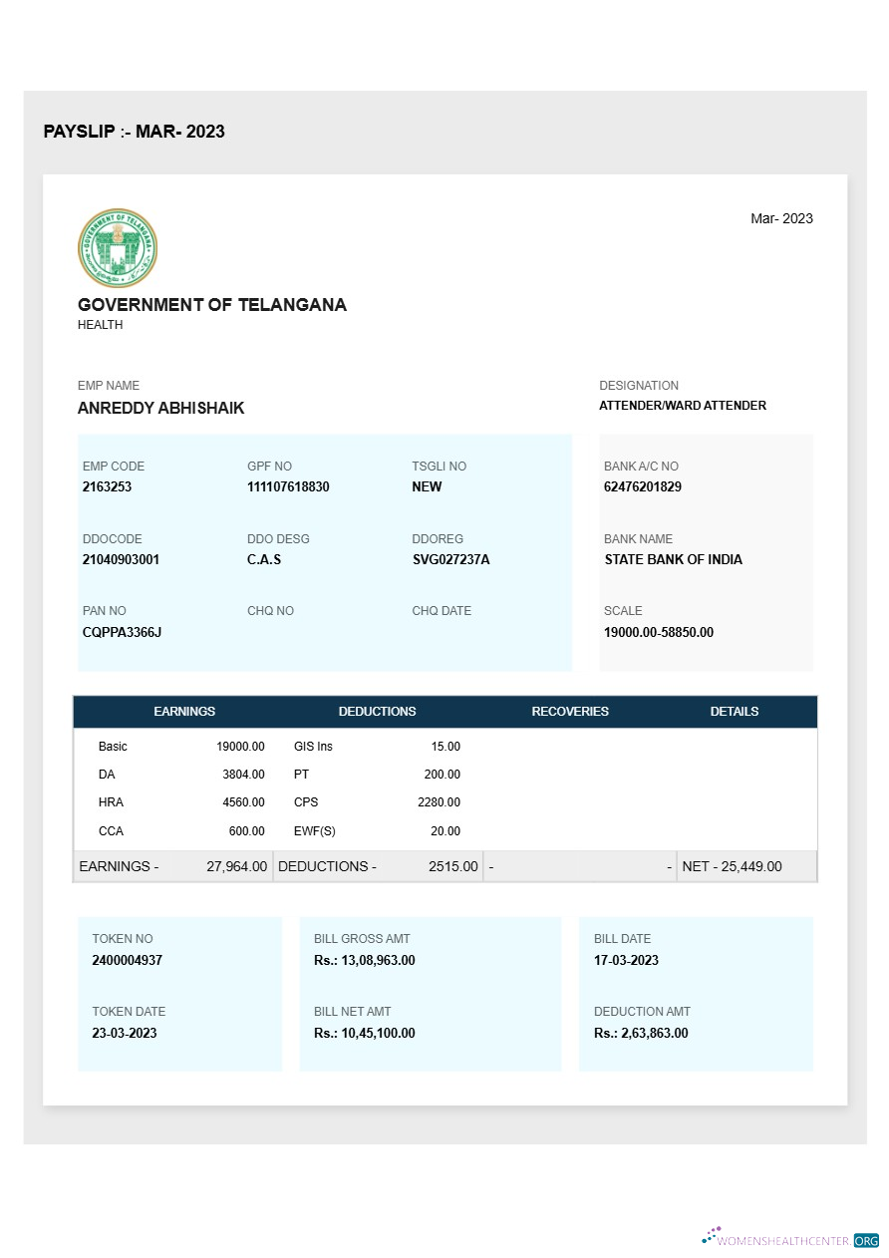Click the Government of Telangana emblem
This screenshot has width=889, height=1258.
tap(118, 248)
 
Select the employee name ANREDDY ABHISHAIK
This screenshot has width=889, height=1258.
tap(160, 408)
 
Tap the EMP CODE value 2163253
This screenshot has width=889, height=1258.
tap(107, 486)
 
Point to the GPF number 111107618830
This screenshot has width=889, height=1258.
tap(288, 486)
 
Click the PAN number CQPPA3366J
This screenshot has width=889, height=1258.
tap(122, 632)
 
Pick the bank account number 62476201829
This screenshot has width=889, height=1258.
tap(643, 486)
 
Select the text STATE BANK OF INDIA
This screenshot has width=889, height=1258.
tap(673, 559)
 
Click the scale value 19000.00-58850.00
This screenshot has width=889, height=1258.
tap(659, 632)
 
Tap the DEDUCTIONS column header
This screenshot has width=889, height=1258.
tap(377, 712)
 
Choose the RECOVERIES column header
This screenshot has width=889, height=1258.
tap(570, 712)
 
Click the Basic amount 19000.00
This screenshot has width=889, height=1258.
tap(240, 747)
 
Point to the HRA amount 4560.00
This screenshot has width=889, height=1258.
tap(243, 802)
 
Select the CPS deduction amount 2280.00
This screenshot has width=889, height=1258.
tap(439, 802)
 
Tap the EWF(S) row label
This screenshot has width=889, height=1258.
tap(314, 831)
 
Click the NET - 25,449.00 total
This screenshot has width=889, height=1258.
tap(732, 866)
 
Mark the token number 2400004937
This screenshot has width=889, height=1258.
tap(127, 960)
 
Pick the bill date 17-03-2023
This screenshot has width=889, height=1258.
tap(626, 960)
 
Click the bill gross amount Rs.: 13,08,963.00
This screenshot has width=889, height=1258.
tap(364, 960)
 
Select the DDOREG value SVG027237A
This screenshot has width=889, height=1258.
tap(450, 559)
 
